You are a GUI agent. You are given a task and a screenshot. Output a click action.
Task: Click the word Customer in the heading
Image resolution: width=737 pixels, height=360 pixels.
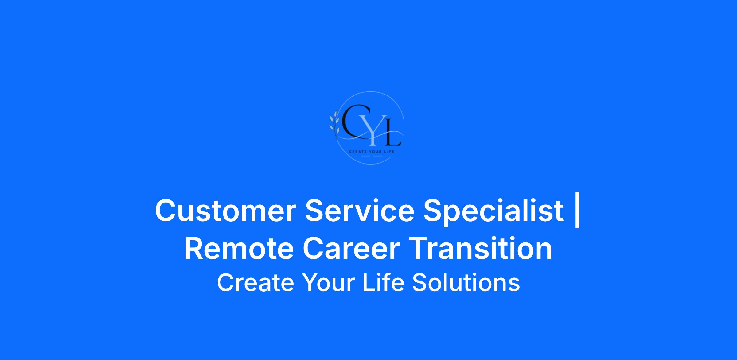tap(226, 211)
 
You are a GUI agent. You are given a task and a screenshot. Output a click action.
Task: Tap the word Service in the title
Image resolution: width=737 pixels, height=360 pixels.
tap(360, 210)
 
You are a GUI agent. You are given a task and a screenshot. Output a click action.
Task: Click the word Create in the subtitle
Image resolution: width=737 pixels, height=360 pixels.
tap(255, 282)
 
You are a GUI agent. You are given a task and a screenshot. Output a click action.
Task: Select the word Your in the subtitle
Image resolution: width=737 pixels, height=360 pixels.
tap(328, 282)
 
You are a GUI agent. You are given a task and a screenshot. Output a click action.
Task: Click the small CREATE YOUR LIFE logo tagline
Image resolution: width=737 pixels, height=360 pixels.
tap(371, 152)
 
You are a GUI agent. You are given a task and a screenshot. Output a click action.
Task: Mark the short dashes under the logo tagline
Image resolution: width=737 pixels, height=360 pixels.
tap(372, 156)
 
